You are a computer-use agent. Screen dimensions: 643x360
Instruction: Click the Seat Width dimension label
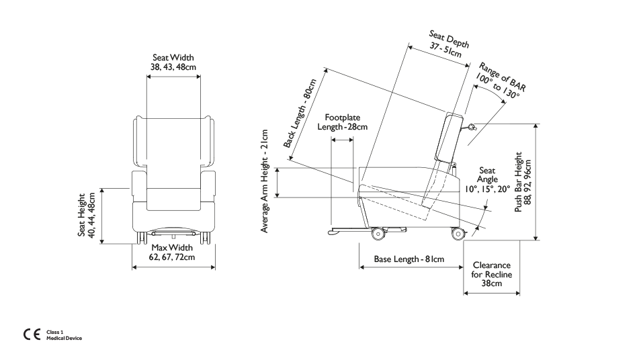(x=173, y=62)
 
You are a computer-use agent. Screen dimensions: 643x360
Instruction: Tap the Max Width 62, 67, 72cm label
(x=172, y=252)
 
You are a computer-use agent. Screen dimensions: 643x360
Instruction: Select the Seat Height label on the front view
(x=87, y=215)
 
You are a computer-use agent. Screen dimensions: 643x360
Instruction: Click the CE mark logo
(x=32, y=334)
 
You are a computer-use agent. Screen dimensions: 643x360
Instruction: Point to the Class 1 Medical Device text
(x=64, y=335)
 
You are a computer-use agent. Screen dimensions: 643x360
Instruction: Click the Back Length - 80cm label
(x=300, y=113)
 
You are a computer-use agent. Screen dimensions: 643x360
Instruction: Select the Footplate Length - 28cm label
(x=343, y=122)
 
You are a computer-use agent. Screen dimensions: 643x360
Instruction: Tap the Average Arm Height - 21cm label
(x=265, y=181)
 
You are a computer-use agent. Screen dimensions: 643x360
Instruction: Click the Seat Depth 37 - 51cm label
(x=447, y=44)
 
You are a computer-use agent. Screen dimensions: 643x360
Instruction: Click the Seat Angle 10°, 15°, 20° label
(x=487, y=179)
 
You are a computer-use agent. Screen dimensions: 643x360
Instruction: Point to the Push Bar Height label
(x=523, y=182)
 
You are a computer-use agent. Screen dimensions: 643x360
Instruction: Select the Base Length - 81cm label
(x=409, y=259)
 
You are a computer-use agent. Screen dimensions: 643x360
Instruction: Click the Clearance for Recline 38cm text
(x=492, y=274)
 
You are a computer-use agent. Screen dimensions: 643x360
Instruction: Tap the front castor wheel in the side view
(x=378, y=234)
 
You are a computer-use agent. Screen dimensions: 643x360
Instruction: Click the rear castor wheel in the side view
(x=458, y=234)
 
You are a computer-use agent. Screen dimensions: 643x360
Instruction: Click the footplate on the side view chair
(x=367, y=231)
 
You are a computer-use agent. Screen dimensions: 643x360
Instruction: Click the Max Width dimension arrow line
(x=173, y=267)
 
